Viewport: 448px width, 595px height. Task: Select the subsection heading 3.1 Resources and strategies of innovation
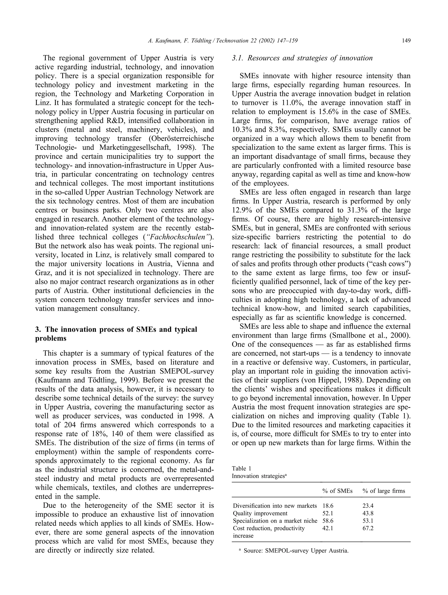[x=302, y=58]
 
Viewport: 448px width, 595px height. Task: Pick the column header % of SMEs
[x=337, y=491]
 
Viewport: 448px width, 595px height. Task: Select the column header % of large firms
[x=383, y=491]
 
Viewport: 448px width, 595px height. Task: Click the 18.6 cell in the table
[x=328, y=506]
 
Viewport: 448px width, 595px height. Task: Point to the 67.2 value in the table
[x=368, y=528]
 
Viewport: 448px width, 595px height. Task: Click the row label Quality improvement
[x=260, y=513]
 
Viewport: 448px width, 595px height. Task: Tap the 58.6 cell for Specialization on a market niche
[x=328, y=521]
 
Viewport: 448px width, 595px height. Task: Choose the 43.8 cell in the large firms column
[x=368, y=513]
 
